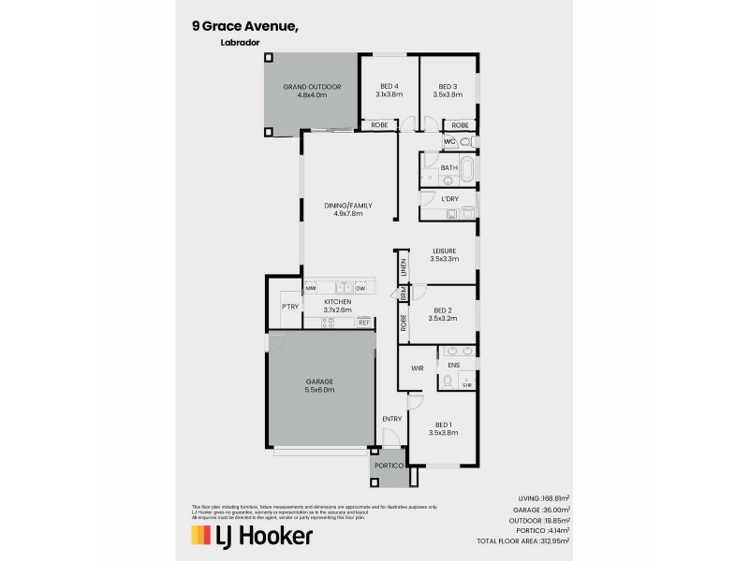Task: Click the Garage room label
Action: [x=318, y=386]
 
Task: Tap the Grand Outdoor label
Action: [x=312, y=91]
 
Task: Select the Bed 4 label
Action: [x=389, y=90]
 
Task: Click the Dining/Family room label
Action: [x=346, y=209]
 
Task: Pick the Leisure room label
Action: [x=444, y=254]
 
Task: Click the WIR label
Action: [x=418, y=368]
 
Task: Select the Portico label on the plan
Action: [x=389, y=466]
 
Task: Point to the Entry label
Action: [x=392, y=418]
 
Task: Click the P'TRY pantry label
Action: [x=288, y=307]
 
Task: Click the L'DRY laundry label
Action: [x=449, y=199]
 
